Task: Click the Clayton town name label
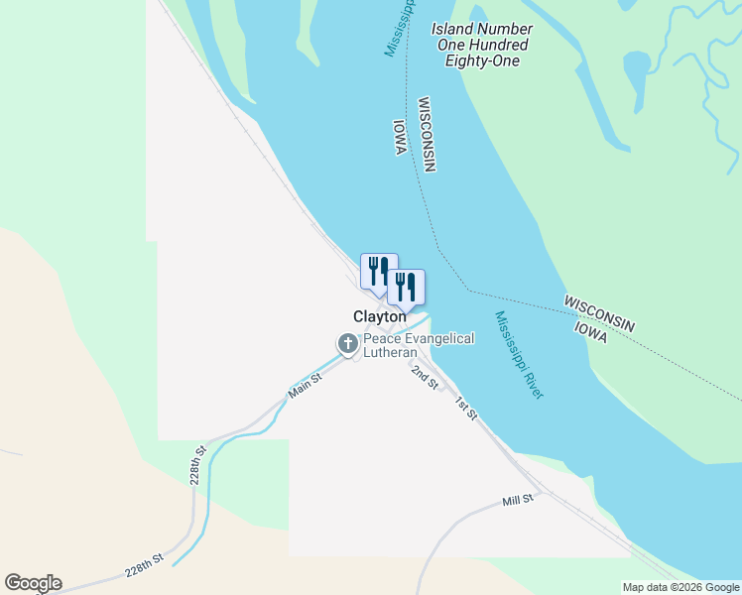380,316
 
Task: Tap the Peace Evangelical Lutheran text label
418,345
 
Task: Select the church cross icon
348,344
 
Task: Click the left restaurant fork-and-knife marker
378,270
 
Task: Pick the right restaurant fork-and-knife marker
405,286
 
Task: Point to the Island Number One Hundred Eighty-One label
482,45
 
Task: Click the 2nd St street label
426,377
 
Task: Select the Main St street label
305,385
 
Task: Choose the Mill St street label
518,500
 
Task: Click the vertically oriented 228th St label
199,463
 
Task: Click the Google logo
33,583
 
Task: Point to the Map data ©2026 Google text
681,587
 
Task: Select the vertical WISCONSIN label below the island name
428,135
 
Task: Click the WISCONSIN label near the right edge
598,312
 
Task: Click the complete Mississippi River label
520,355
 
